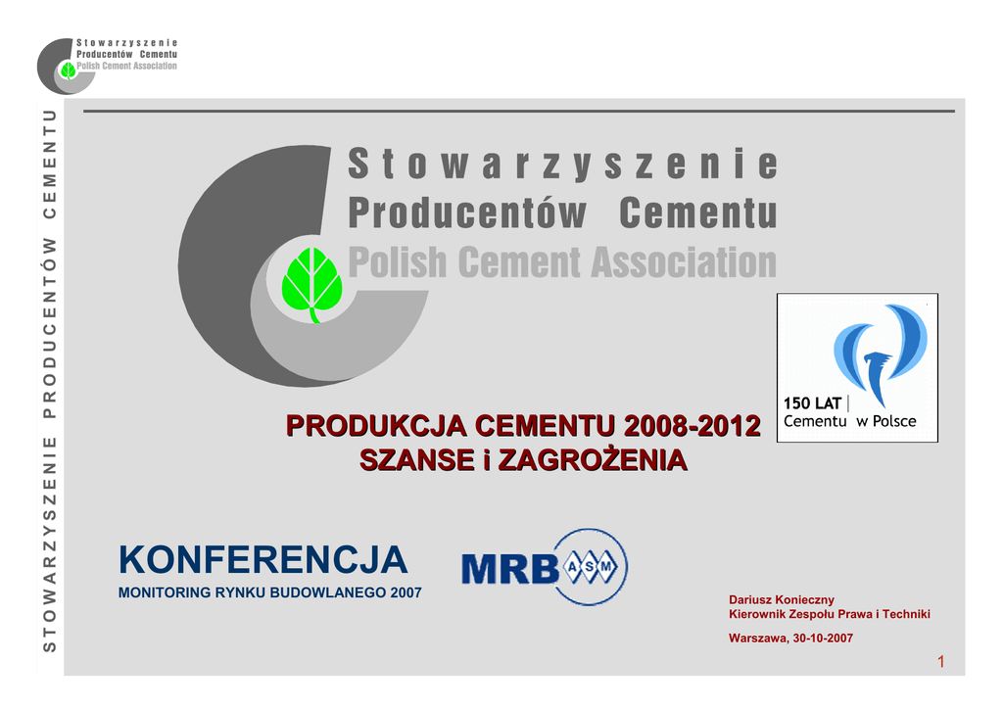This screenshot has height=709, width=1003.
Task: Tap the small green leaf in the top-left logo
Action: [x=68, y=71]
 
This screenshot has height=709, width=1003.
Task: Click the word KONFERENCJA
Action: [x=263, y=560]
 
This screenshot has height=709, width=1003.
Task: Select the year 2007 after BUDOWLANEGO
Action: [x=406, y=592]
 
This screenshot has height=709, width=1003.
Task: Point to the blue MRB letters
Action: [x=509, y=568]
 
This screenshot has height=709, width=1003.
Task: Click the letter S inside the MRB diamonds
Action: [x=590, y=566]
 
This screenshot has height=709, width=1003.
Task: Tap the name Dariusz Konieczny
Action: [x=782, y=599]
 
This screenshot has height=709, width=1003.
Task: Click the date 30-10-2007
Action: [x=823, y=638]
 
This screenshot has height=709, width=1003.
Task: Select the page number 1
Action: [x=941, y=662]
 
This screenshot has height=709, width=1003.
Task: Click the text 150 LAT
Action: [x=812, y=403]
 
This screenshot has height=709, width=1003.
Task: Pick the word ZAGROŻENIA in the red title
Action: [x=593, y=460]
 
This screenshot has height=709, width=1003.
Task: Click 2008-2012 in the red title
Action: [x=692, y=426]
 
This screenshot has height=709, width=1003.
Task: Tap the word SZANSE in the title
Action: [x=416, y=460]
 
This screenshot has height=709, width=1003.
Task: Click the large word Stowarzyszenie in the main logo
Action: [x=563, y=164]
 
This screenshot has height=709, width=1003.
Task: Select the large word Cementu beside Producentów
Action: [x=698, y=213]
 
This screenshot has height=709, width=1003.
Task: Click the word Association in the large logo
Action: [x=684, y=262]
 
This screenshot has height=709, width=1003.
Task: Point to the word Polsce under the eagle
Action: [x=894, y=421]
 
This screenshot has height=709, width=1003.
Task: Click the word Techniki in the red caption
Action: [x=906, y=614]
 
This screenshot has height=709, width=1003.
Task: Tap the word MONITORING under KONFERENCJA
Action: [x=165, y=592]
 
